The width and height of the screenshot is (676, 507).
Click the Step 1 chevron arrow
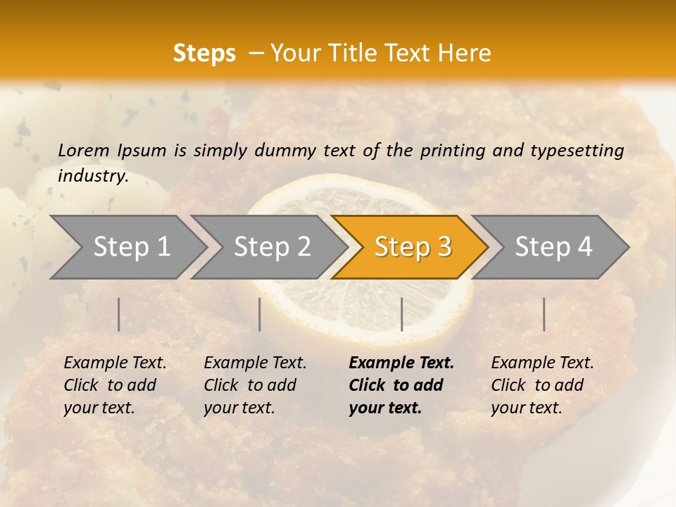tap(130, 247)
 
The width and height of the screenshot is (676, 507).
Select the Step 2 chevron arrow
tap(271, 247)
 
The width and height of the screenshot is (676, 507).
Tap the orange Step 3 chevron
tap(412, 247)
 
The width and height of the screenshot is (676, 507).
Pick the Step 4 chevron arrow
tap(553, 247)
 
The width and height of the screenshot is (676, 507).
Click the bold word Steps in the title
tap(204, 54)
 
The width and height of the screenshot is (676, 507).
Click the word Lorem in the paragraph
tap(83, 150)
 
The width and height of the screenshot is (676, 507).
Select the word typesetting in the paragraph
tap(577, 151)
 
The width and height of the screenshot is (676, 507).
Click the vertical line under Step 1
tap(119, 314)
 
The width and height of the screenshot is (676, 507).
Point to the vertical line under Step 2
tap(260, 314)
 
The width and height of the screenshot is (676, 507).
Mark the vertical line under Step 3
tap(401, 314)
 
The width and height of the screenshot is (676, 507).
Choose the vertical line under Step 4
tap(544, 314)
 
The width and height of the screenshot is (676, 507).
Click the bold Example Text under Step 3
tap(401, 363)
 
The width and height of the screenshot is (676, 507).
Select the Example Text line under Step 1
tap(115, 363)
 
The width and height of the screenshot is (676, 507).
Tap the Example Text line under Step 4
tap(542, 363)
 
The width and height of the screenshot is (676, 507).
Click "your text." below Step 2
tap(239, 408)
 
